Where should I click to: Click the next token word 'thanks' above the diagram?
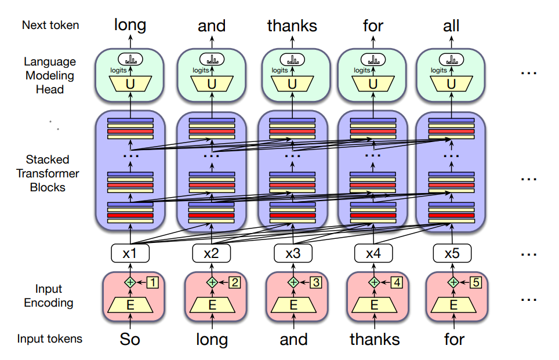point(292,26)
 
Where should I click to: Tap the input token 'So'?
point(130,339)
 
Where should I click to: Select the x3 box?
point(292,253)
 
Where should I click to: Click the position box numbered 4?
point(396,282)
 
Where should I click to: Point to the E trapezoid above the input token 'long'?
point(212,304)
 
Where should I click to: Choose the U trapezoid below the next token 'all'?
point(451,84)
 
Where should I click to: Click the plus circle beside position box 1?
point(130,282)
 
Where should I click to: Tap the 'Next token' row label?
point(50,25)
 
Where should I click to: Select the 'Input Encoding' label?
point(49,296)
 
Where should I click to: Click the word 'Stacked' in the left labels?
point(48,159)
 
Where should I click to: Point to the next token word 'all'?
point(451,26)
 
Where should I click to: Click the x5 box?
point(452,253)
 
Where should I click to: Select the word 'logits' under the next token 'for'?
point(362,70)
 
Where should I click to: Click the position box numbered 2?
point(234,282)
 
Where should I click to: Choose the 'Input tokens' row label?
point(49,339)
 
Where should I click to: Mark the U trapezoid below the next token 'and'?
point(212,84)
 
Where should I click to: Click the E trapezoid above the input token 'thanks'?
point(374,304)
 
